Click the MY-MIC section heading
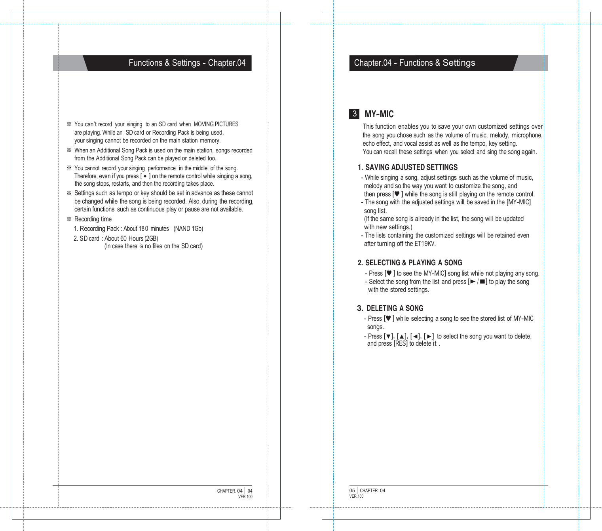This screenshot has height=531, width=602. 379,114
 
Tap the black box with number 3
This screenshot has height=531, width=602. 354,114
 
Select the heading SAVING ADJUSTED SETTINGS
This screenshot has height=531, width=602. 411,167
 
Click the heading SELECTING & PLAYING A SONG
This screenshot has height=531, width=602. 413,263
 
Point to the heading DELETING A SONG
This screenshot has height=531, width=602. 395,308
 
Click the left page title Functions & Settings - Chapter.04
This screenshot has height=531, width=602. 187,63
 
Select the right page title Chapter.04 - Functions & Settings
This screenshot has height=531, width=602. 414,63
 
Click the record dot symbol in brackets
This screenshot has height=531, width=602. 145,176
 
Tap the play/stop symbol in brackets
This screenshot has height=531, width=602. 477,282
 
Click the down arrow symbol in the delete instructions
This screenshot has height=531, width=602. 389,337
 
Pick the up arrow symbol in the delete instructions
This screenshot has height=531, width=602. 401,337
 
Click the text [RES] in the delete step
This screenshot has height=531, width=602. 401,343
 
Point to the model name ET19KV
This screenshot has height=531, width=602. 425,244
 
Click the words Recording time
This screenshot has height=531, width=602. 93,219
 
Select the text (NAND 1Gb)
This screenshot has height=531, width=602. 188,228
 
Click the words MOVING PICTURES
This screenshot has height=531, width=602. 216,124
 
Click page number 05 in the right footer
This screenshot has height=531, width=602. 352,490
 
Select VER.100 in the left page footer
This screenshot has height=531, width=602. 245,497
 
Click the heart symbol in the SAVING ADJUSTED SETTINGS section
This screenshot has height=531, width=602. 397,194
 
